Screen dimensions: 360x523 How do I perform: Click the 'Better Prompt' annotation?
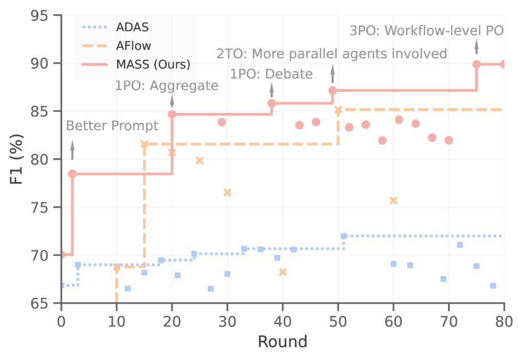pyautogui.click(x=112, y=126)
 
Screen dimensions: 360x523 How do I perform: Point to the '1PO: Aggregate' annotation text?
pyautogui.click(x=166, y=85)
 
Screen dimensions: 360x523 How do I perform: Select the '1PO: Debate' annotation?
pyautogui.click(x=271, y=74)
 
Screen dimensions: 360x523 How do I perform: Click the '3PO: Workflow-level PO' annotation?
pyautogui.click(x=426, y=30)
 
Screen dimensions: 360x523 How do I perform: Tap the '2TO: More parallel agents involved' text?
pyautogui.click(x=332, y=54)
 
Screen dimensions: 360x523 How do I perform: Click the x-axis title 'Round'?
pyautogui.click(x=282, y=342)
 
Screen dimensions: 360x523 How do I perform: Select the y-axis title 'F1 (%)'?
pyautogui.click(x=17, y=160)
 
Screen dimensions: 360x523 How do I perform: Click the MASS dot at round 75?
pyautogui.click(x=476, y=64)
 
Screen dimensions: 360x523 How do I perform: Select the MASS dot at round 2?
pyautogui.click(x=72, y=174)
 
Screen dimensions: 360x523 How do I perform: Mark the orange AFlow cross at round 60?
pyautogui.click(x=393, y=200)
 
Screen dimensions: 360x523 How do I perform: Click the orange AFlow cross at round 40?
pyautogui.click(x=283, y=272)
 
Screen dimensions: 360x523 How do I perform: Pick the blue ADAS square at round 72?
pyautogui.click(x=460, y=245)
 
